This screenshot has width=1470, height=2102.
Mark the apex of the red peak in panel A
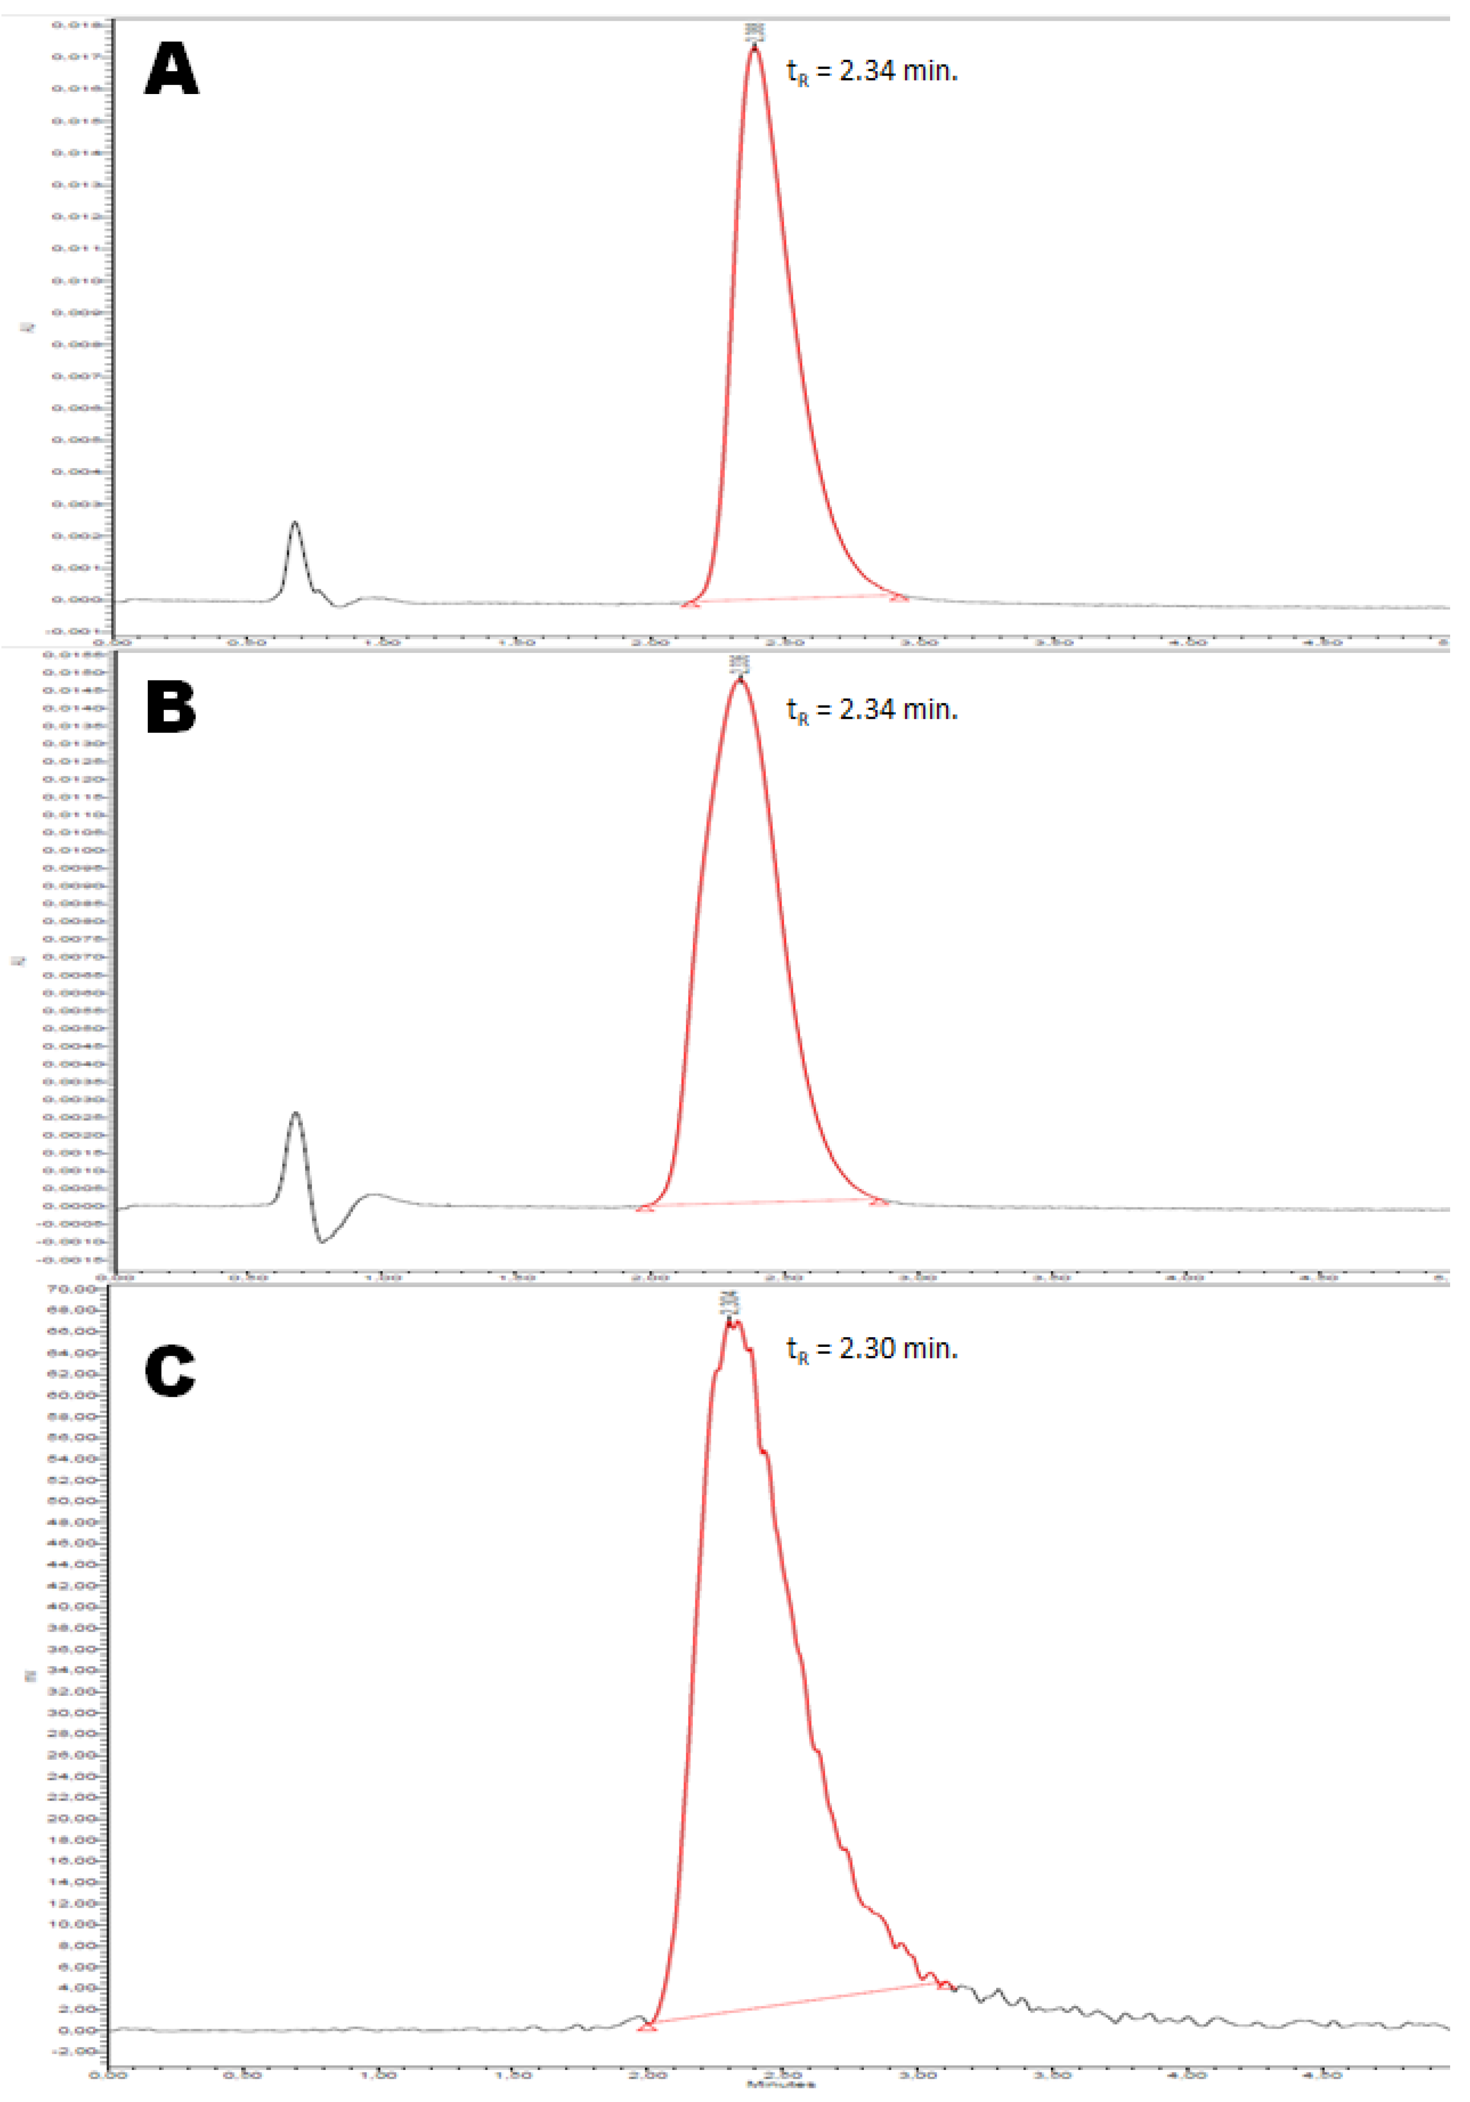pyautogui.click(x=754, y=47)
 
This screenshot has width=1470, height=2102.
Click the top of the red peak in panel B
pyautogui.click(x=739, y=680)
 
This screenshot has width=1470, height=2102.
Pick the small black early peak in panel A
pyautogui.click(x=295, y=523)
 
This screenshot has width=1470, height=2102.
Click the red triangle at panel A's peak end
pyautogui.click(x=900, y=597)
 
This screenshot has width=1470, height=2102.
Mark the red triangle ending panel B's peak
pyautogui.click(x=879, y=1201)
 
